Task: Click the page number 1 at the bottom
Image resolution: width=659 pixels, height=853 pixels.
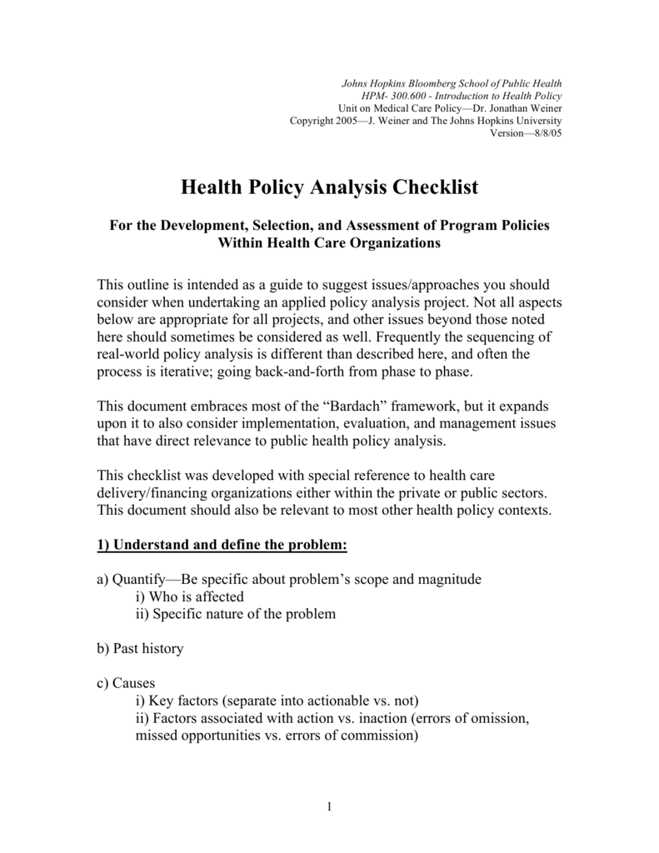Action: [x=330, y=807]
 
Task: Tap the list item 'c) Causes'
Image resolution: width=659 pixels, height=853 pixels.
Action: [x=126, y=683]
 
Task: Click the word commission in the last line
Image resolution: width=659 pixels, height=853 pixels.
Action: [x=377, y=736]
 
